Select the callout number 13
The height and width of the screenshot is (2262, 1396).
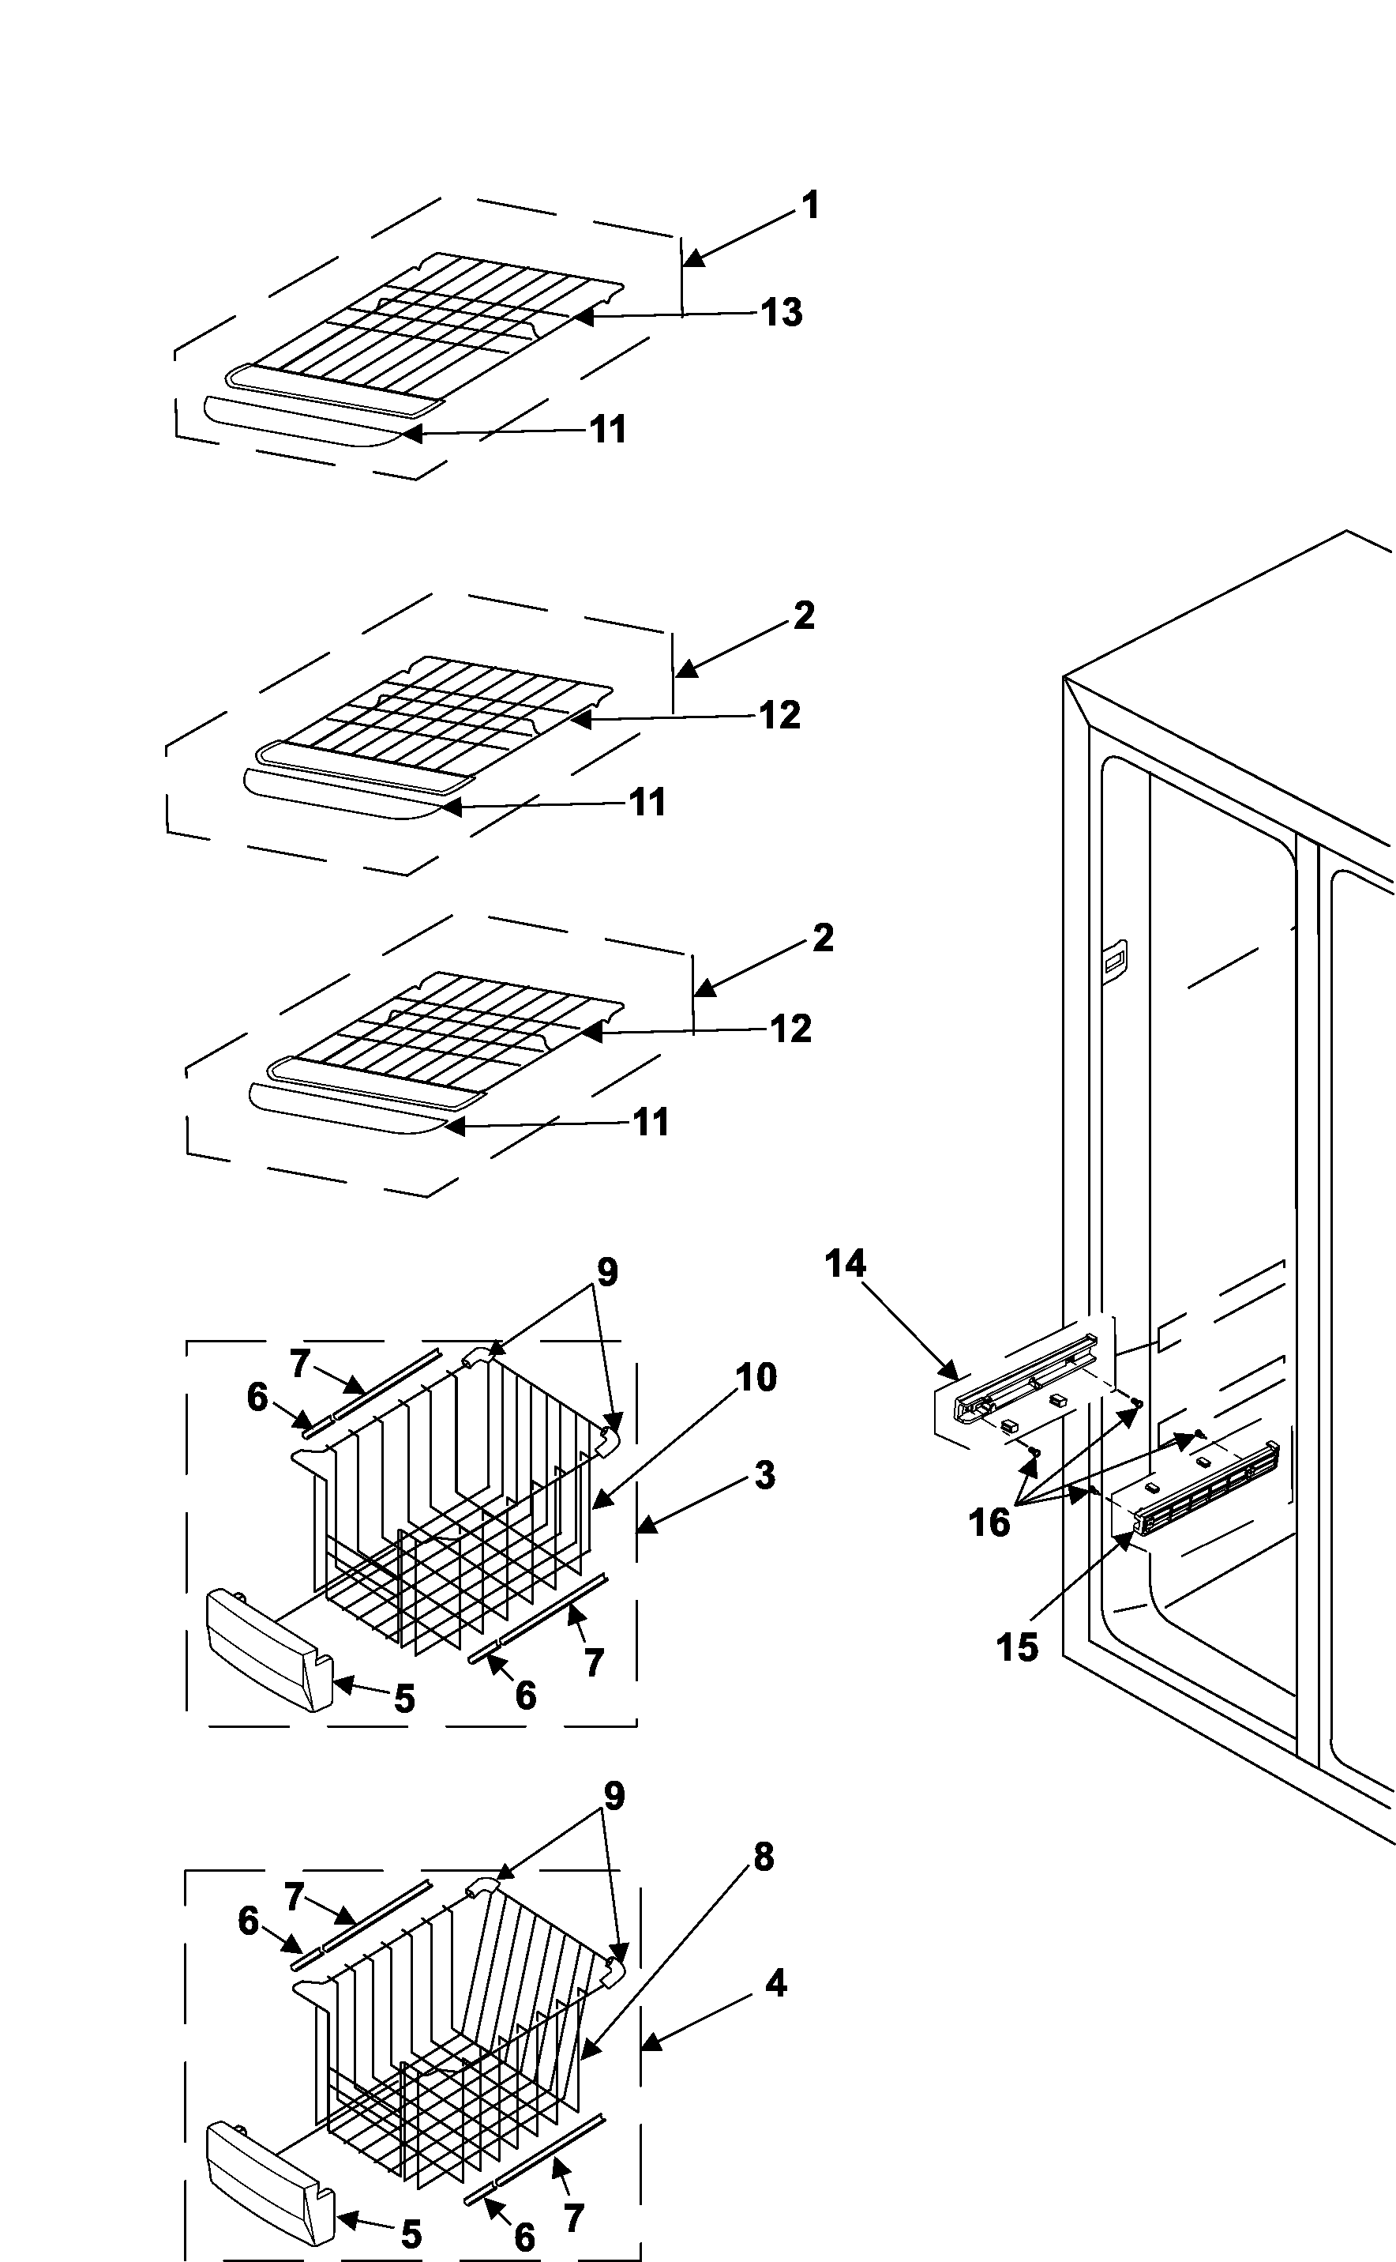(x=781, y=312)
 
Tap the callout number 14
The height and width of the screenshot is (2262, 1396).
(x=845, y=1263)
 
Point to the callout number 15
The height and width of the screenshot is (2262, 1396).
(x=1016, y=1647)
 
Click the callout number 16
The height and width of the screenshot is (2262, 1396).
(x=989, y=1523)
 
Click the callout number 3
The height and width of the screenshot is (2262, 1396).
(x=764, y=1475)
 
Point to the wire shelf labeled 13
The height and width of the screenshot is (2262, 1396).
(x=434, y=323)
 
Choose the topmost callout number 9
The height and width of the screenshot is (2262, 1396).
(x=606, y=1272)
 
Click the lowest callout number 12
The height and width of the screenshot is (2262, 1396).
(x=790, y=1029)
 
